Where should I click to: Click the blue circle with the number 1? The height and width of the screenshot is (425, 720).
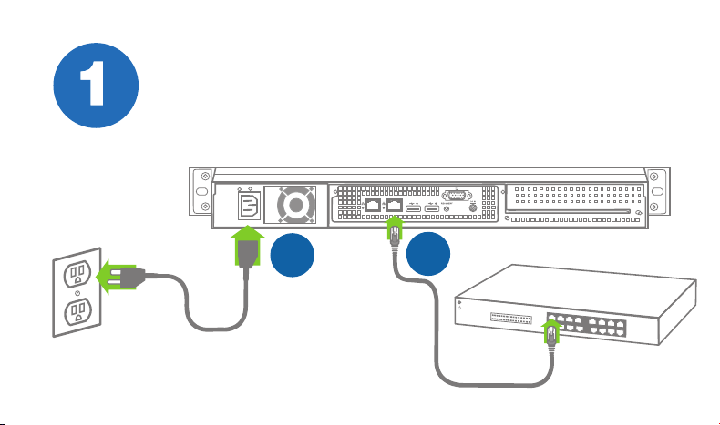point(96,86)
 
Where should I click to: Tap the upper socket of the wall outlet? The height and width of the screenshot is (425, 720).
point(77,274)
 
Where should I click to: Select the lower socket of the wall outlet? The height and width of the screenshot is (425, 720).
point(77,312)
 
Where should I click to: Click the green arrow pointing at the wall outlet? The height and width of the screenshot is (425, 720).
point(117,277)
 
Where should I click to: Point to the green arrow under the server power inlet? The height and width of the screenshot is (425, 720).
point(248,246)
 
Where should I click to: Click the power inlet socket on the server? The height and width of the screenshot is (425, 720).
point(250,206)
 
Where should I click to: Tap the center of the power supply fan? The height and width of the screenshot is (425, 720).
point(296,205)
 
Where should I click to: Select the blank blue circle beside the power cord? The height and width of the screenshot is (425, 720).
point(293,255)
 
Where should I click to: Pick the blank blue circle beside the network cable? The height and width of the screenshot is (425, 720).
point(428,254)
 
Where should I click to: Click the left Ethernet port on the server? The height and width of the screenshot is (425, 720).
point(373,205)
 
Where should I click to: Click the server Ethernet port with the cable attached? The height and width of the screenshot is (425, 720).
point(395,205)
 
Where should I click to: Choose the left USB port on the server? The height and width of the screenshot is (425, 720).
point(413,209)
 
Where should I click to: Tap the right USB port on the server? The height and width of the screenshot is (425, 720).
point(432,209)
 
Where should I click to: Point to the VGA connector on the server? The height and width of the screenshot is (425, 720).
point(457,196)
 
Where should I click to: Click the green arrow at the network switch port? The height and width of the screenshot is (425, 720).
point(551,331)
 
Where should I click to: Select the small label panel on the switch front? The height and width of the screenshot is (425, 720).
point(511,319)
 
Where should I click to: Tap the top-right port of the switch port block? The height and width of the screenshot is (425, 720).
point(621,323)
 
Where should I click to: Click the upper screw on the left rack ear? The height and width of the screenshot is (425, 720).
point(206,176)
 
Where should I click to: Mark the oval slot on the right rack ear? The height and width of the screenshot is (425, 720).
point(657,191)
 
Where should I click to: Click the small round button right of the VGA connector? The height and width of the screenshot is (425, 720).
point(472,207)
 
